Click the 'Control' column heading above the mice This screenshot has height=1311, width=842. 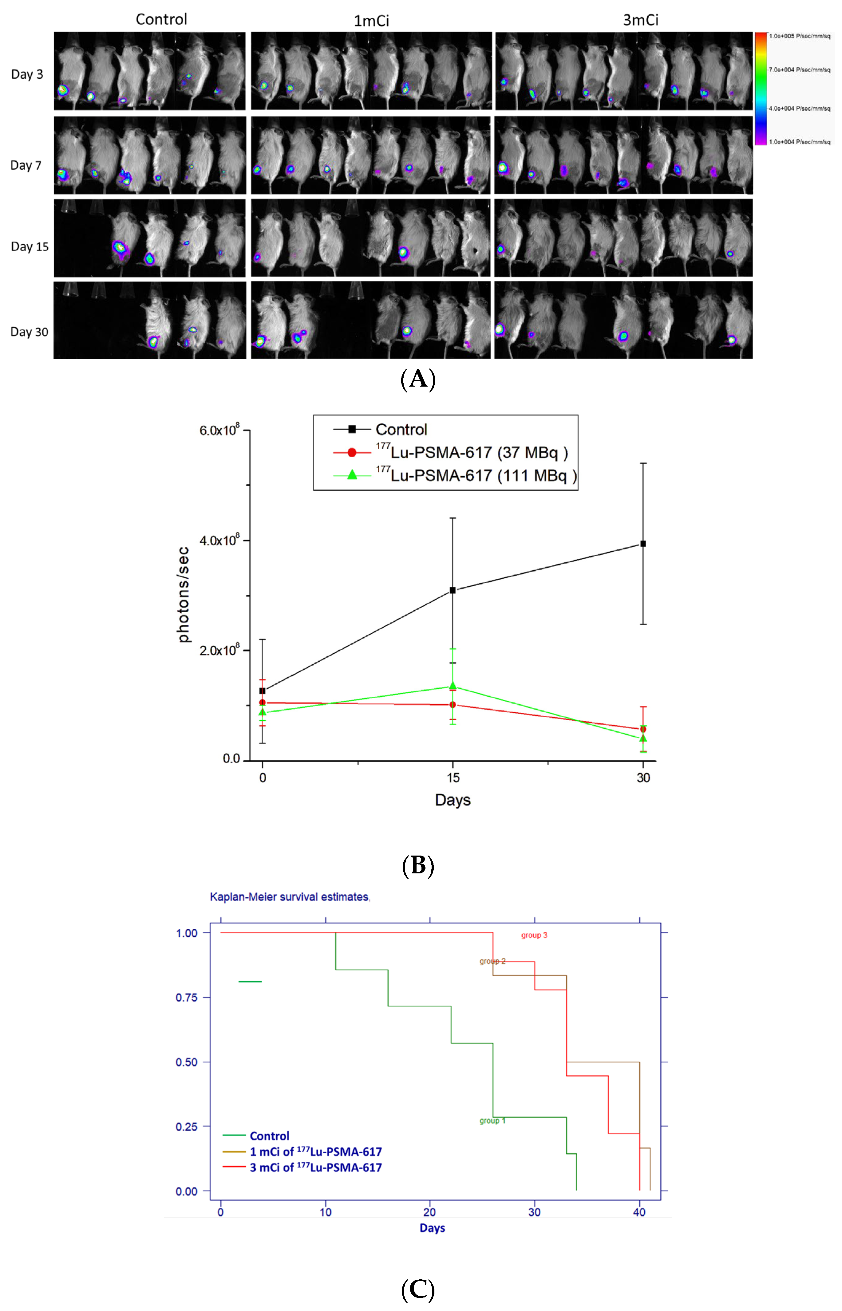click(161, 20)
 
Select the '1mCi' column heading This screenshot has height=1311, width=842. click(371, 21)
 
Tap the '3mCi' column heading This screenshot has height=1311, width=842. click(640, 20)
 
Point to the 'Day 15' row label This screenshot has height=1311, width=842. click(30, 246)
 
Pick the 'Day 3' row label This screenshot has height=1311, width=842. click(27, 74)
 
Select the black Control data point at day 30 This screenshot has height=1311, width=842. click(643, 544)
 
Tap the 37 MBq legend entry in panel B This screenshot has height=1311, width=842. click(472, 452)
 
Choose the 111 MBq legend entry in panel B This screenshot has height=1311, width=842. click(476, 475)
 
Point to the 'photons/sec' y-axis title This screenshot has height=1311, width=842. click(184, 595)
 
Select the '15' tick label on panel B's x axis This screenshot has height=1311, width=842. click(453, 778)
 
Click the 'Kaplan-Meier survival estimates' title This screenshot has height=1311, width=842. click(290, 897)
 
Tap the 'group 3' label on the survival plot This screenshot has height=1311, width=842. click(534, 935)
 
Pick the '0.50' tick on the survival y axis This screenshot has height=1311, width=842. click(186, 1062)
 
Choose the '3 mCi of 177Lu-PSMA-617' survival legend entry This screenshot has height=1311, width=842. click(315, 1167)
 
